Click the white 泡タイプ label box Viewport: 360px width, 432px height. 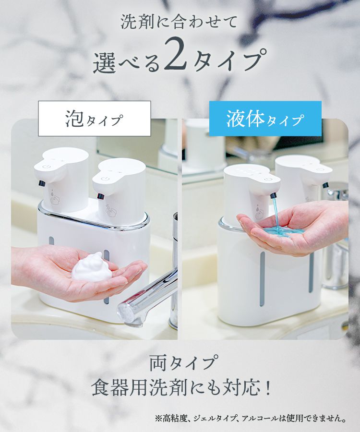95,119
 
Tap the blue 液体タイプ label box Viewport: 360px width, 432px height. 265,119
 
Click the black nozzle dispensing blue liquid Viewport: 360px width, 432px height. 273,196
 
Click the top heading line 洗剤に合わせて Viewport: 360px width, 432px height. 179,22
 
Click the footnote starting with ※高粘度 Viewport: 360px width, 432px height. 251,419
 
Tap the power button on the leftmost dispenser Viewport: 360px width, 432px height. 46,167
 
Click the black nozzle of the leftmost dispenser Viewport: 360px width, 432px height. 42,183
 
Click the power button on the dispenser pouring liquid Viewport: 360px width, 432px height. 266,179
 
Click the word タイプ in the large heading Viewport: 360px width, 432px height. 229,60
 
